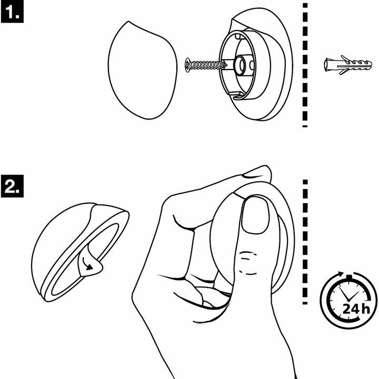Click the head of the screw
click(x=188, y=65)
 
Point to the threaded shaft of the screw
click(x=208, y=65)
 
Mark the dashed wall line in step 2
click(x=304, y=242)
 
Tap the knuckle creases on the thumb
click(x=247, y=263)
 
